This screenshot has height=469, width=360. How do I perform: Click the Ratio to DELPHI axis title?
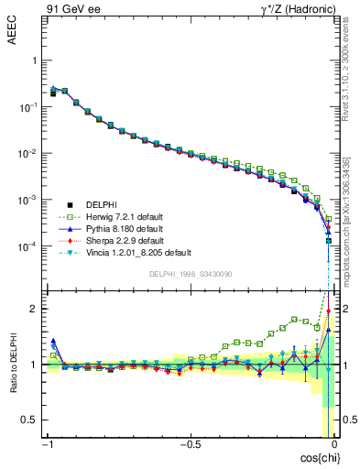13,363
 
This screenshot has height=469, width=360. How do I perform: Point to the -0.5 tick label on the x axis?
189,444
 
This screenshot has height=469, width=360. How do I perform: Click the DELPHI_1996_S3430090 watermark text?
190,274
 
